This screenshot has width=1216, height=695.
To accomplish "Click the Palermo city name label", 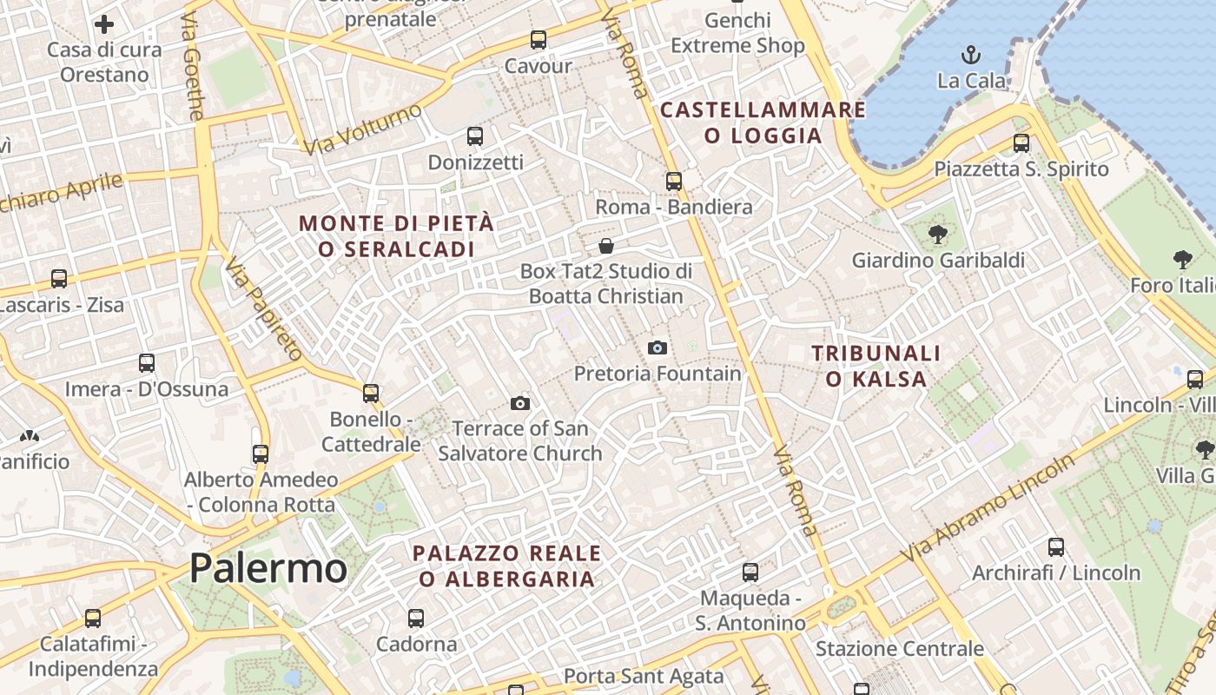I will click(268, 569).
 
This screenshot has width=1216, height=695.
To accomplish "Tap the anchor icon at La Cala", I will click(971, 56).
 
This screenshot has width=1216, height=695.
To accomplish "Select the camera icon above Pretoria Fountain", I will click(658, 348).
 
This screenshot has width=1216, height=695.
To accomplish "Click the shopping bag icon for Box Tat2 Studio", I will click(606, 246).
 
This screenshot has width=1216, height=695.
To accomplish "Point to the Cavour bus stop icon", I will click(539, 40).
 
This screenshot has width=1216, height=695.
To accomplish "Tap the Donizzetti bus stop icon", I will click(475, 136).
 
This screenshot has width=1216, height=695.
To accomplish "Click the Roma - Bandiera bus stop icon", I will click(674, 182).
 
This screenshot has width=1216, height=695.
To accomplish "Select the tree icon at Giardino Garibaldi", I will click(937, 234).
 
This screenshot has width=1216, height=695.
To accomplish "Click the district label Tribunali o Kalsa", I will click(876, 366).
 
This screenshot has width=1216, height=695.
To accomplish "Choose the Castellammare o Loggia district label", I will click(763, 122).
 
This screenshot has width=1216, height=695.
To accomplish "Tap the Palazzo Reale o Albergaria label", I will click(507, 566).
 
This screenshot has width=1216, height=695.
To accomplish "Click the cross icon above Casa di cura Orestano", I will click(104, 24).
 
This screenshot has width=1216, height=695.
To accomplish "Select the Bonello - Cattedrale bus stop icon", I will click(371, 394).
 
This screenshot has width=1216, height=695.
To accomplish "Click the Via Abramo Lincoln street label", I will click(988, 508).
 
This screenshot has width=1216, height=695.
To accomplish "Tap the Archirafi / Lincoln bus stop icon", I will click(1056, 547).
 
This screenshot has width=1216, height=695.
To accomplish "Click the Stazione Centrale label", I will click(899, 649).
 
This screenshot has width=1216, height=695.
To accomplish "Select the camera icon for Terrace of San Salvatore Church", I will click(520, 403).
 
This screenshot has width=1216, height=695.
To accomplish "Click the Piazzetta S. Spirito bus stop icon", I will click(1021, 143).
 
